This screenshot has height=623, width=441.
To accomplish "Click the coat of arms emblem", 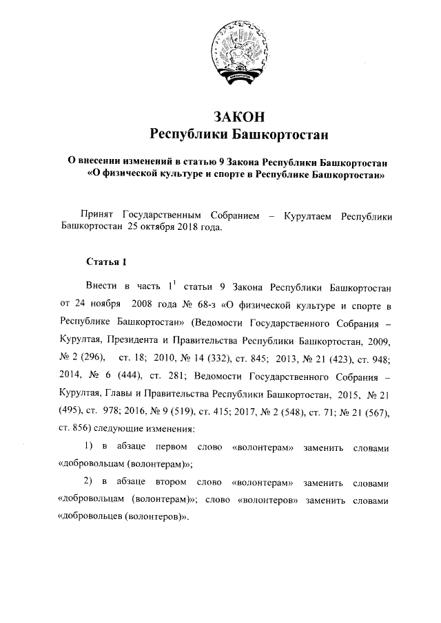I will pyautogui.click(x=238, y=52).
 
